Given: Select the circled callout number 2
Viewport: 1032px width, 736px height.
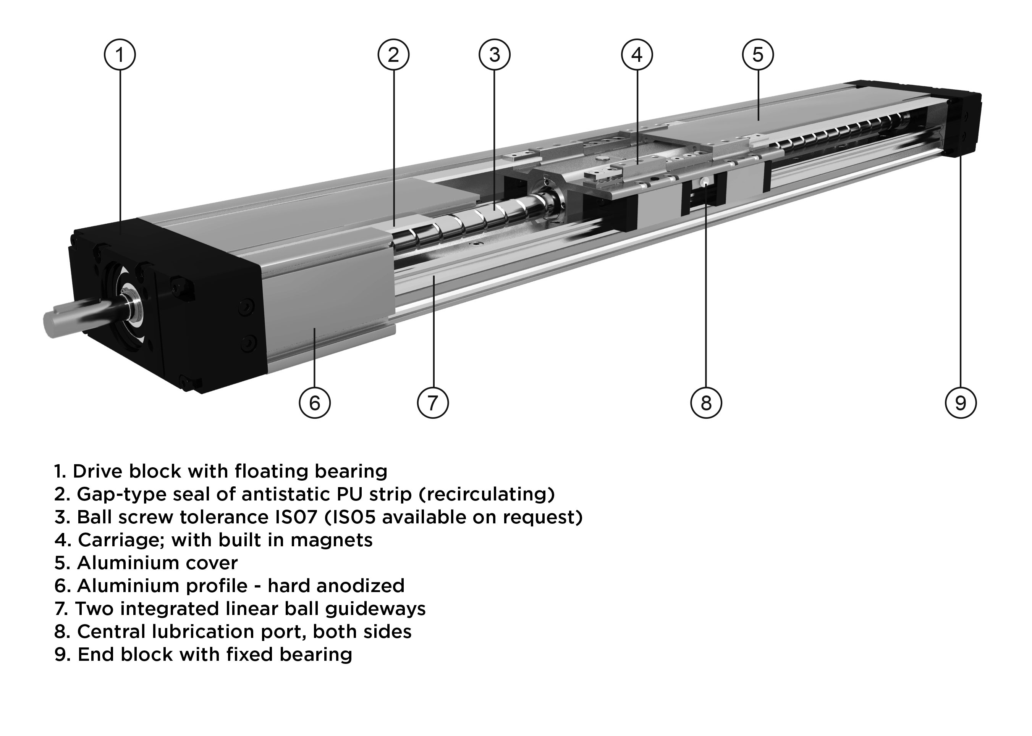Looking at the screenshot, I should click(393, 55).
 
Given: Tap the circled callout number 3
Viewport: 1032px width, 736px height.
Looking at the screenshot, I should click(494, 55).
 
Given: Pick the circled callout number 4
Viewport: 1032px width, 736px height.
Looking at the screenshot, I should click(637, 55).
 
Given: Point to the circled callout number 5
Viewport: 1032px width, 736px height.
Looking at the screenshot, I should click(758, 55).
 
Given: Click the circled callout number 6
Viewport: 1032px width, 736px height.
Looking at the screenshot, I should click(315, 402).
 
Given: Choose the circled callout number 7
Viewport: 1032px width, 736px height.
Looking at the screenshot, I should click(433, 402).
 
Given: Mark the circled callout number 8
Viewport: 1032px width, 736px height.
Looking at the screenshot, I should click(706, 402).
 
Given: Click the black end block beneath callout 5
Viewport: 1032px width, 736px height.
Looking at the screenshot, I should click(961, 123).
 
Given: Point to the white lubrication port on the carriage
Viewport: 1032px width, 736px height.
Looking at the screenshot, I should click(706, 182).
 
